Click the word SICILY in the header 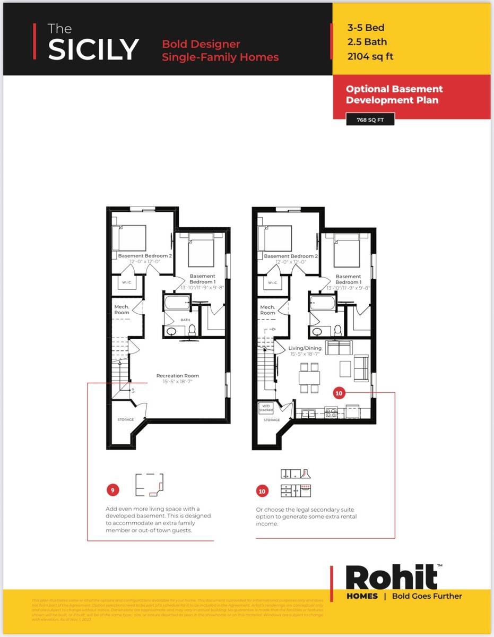click(x=93, y=49)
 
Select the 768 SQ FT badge click(x=370, y=120)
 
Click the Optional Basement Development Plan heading click(x=394, y=94)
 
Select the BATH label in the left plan click(x=185, y=320)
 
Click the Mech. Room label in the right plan click(x=267, y=310)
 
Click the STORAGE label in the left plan click(x=126, y=420)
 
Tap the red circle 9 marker click(x=112, y=489)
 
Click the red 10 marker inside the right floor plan click(x=339, y=393)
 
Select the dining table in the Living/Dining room click(x=309, y=378)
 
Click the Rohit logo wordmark click(x=392, y=578)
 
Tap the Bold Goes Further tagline click(x=427, y=596)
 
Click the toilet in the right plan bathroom click(x=338, y=330)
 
